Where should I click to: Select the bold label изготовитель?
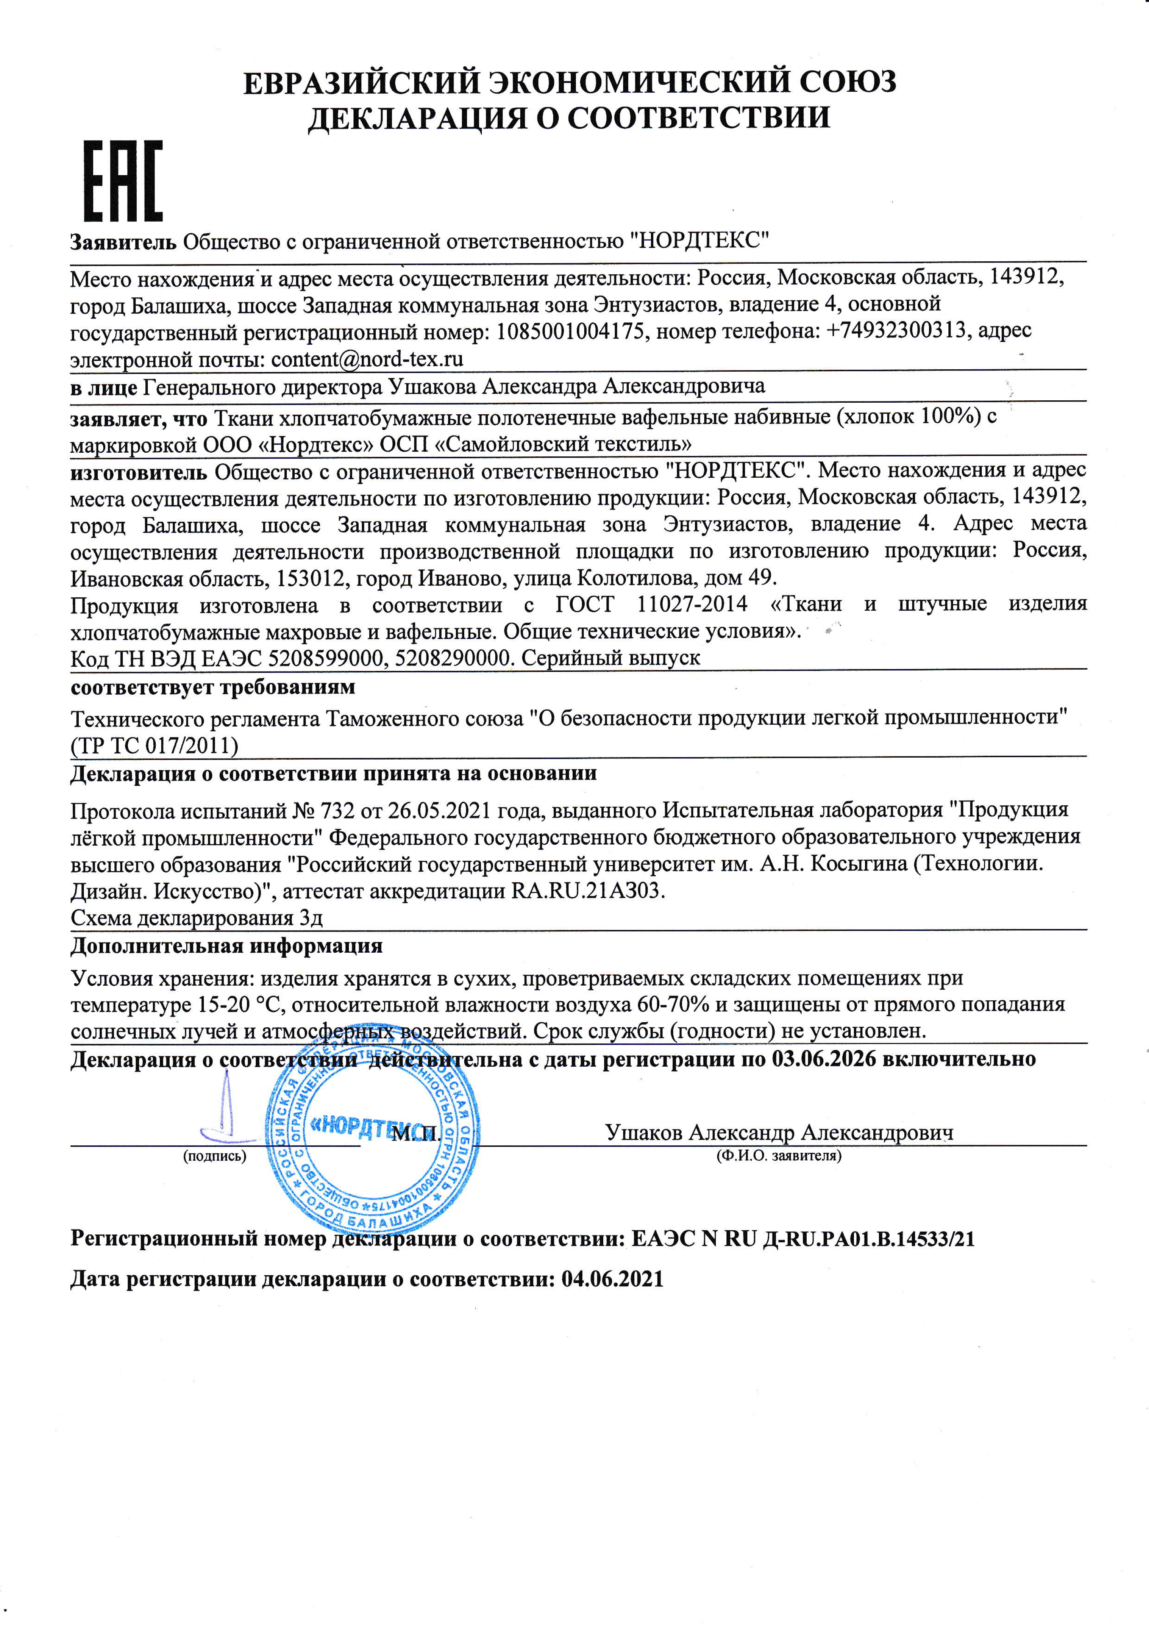coord(139,471)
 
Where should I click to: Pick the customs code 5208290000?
coord(453,658)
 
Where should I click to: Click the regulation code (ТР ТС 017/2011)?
coord(154,745)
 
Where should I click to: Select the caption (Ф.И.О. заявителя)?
coord(778,1156)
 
